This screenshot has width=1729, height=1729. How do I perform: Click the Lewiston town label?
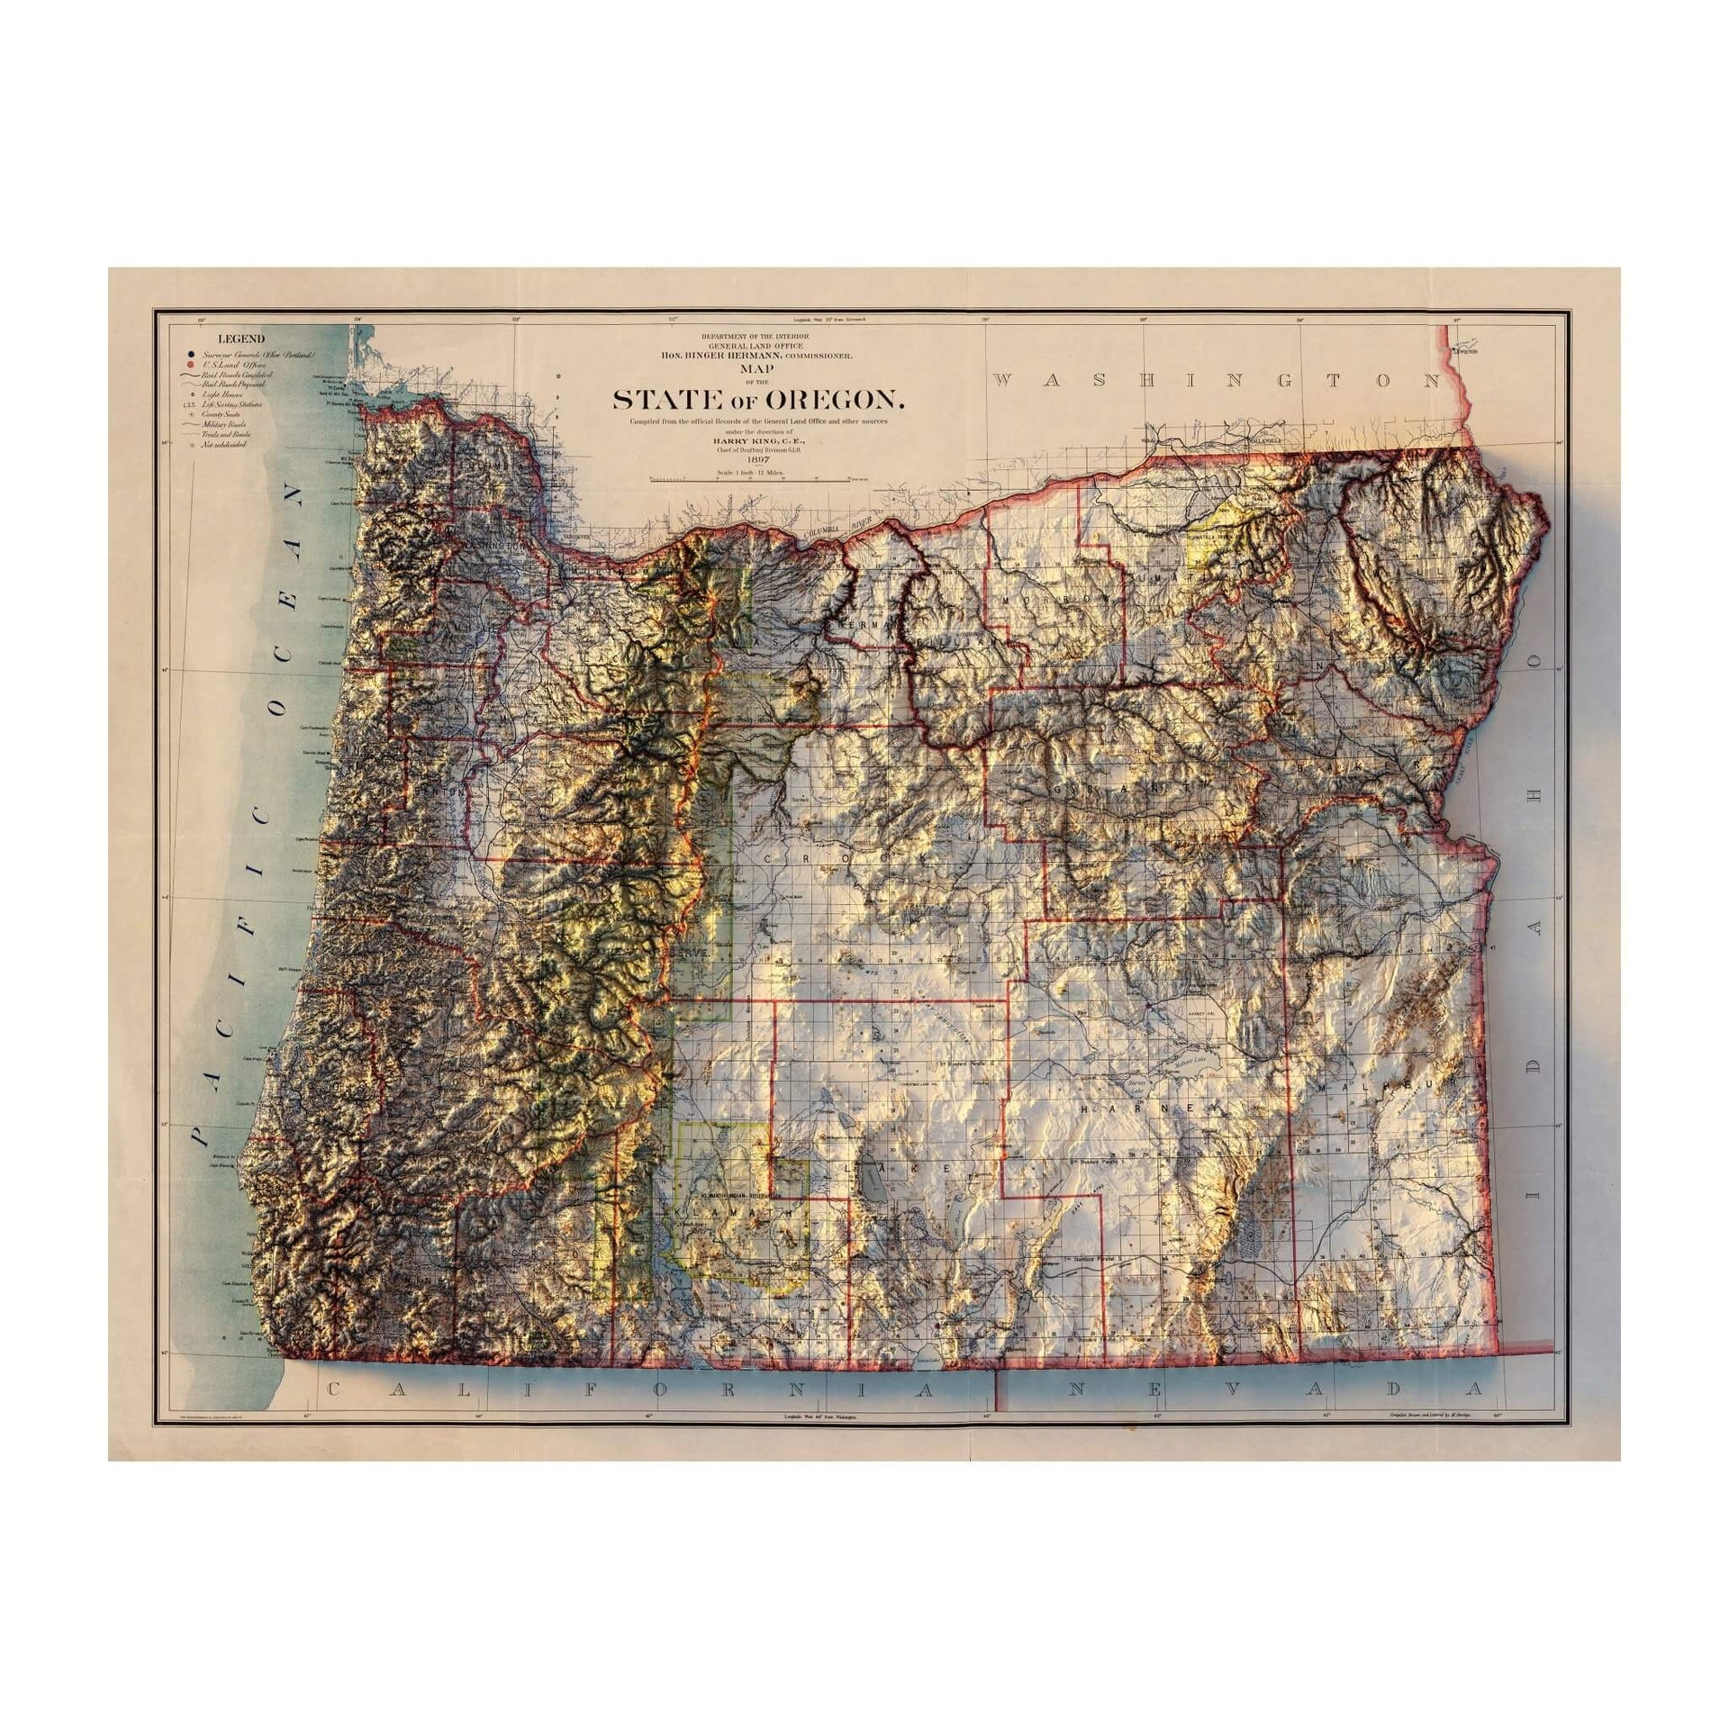pyautogui.click(x=1466, y=352)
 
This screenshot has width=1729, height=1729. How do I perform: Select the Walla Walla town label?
pyautogui.click(x=1259, y=441)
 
